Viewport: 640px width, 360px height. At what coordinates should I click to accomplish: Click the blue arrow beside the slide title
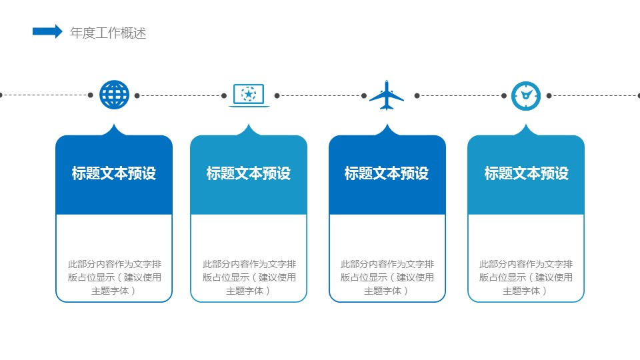pos(47,31)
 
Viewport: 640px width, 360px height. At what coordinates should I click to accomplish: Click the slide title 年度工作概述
pos(108,32)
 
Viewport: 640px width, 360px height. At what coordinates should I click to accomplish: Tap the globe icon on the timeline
pos(114,95)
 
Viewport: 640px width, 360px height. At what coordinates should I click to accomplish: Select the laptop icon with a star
pos(249,95)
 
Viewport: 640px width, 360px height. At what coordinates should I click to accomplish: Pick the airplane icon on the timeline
pos(387,95)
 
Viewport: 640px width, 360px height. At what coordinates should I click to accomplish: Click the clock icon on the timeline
pos(525,95)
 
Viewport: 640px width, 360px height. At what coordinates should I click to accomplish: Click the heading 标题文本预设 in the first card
pos(114,174)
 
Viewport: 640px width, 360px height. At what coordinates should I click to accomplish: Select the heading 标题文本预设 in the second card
pos(249,174)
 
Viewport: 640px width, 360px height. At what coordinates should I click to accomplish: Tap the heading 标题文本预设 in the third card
pos(387,174)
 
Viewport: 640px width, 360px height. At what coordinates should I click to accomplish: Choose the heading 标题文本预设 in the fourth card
pos(526,174)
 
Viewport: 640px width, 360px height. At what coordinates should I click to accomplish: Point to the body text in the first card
pos(114,277)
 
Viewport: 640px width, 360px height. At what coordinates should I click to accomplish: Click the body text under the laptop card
pos(249,277)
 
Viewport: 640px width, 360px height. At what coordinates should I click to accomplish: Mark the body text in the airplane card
pos(387,277)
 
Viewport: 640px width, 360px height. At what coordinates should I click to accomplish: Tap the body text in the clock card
pos(526,277)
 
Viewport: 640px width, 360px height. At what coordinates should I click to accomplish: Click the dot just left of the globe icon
pos(91,95)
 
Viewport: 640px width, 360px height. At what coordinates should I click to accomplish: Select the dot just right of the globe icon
pos(137,95)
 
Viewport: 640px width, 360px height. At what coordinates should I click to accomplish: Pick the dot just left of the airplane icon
pos(364,95)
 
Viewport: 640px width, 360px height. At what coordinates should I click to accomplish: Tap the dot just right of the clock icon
pos(549,95)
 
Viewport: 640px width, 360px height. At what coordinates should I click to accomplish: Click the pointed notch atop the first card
pos(114,129)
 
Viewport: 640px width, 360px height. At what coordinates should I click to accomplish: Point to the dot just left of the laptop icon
pos(224,95)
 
